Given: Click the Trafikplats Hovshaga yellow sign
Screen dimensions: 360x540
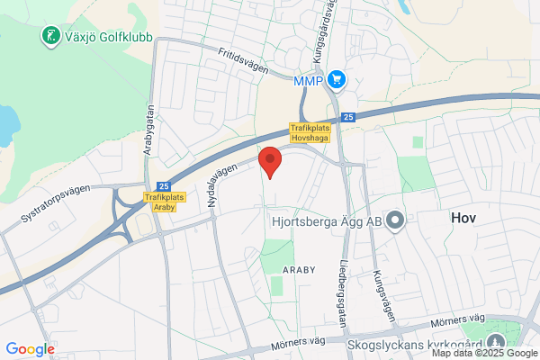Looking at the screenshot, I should [310, 133].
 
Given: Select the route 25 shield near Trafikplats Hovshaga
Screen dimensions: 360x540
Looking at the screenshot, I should [348, 116].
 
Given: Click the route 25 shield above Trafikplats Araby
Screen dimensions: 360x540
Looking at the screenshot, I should [163, 184].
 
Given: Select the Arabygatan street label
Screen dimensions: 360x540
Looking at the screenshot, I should [149, 130].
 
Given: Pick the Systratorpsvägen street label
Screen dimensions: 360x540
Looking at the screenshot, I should [55, 205].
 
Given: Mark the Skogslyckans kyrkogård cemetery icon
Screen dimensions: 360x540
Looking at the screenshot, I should [496, 342].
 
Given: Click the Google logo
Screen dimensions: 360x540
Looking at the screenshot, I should [30, 348].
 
